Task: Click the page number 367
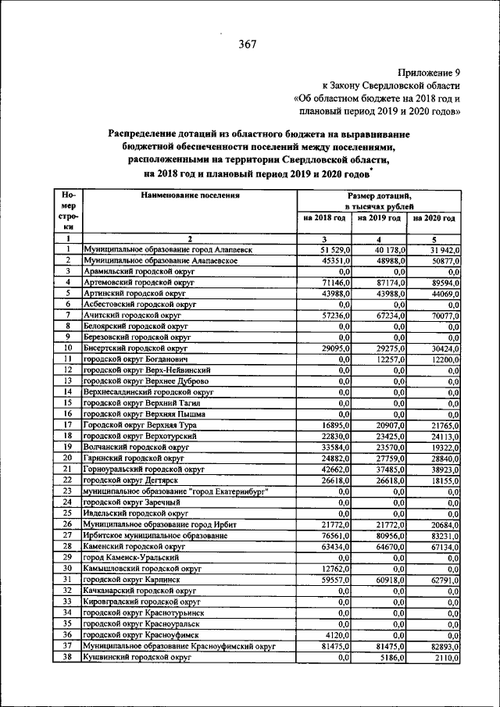click(248, 44)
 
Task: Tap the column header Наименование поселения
click(190, 196)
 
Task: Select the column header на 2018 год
click(324, 218)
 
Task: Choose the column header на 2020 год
click(434, 218)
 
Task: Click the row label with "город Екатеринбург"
click(177, 491)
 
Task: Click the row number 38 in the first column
click(68, 658)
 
